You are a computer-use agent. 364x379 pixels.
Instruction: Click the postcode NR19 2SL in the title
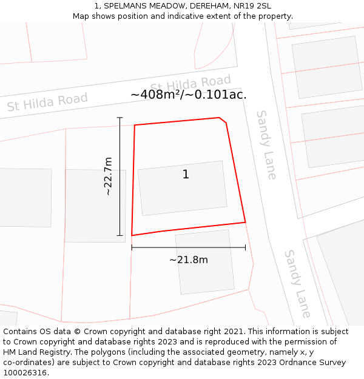pyautogui.click(x=255, y=5)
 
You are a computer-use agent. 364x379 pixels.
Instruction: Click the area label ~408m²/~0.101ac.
pyautogui.click(x=188, y=95)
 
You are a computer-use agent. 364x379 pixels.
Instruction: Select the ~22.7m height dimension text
pyautogui.click(x=108, y=176)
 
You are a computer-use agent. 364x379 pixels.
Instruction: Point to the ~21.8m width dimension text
pyautogui.click(x=188, y=260)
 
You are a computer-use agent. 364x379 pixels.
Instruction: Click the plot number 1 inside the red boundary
pyautogui.click(x=186, y=175)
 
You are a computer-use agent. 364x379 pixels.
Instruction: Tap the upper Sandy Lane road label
pyautogui.click(x=266, y=144)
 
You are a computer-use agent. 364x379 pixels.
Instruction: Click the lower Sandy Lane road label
pyautogui.click(x=298, y=284)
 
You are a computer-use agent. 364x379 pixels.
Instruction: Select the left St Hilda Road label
pyautogui.click(x=47, y=101)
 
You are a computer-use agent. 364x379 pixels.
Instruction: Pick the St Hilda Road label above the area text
pyautogui.click(x=190, y=84)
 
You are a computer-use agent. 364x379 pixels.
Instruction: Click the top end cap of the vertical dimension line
pyautogui.click(x=120, y=118)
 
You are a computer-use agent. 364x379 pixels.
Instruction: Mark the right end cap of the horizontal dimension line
pyautogui.click(x=246, y=247)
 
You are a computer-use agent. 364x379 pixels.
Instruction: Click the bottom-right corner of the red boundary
pyautogui.click(x=245, y=222)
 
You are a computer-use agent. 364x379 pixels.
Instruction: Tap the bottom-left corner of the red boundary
pyautogui.click(x=132, y=235)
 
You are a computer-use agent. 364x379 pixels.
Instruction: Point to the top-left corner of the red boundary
pyautogui.click(x=135, y=125)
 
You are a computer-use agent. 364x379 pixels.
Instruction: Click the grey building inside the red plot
pyautogui.click(x=182, y=188)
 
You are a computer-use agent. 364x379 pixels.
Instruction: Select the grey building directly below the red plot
pyautogui.click(x=204, y=262)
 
